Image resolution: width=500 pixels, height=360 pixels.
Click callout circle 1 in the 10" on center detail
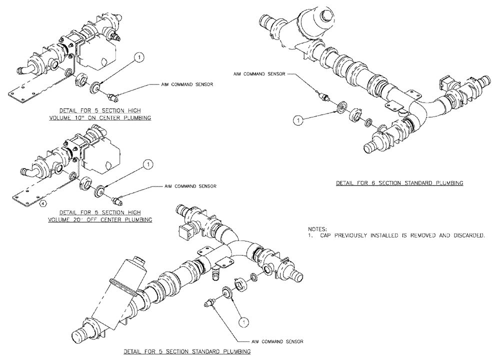tap(139, 59)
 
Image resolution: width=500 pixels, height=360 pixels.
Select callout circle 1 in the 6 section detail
tap(298, 120)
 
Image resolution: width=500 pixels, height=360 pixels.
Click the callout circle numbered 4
tap(43, 203)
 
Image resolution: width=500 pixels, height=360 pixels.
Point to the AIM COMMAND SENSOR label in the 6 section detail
tap(259, 73)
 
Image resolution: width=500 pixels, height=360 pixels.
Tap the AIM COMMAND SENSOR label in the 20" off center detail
tap(190, 186)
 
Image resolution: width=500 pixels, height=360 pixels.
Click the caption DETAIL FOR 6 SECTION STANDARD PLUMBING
tap(399, 183)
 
